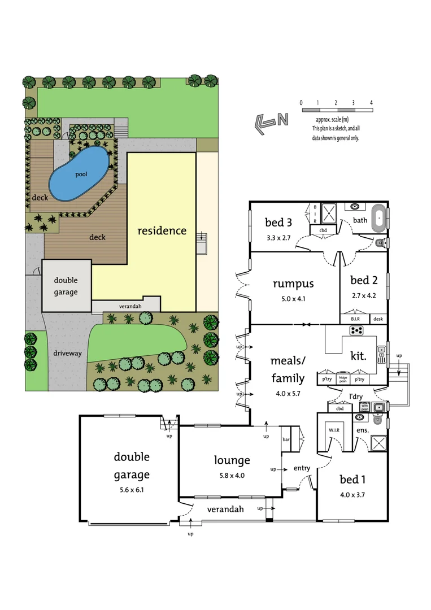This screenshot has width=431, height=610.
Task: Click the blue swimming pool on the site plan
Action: click(x=80, y=173)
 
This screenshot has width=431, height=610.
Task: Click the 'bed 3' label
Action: click(x=278, y=222)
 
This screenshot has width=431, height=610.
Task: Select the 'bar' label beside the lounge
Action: click(x=287, y=439)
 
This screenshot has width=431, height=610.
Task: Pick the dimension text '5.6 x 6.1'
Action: click(x=132, y=490)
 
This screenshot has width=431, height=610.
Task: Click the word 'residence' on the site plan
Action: click(x=162, y=230)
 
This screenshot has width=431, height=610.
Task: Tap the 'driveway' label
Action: click(x=68, y=354)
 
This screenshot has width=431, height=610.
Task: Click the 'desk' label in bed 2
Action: click(x=377, y=320)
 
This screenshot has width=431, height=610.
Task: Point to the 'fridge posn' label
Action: click(x=343, y=380)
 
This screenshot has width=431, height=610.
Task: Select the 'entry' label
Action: click(x=302, y=468)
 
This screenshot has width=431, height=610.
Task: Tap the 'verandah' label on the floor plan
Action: click(x=225, y=509)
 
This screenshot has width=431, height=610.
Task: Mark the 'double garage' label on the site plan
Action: click(x=66, y=286)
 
